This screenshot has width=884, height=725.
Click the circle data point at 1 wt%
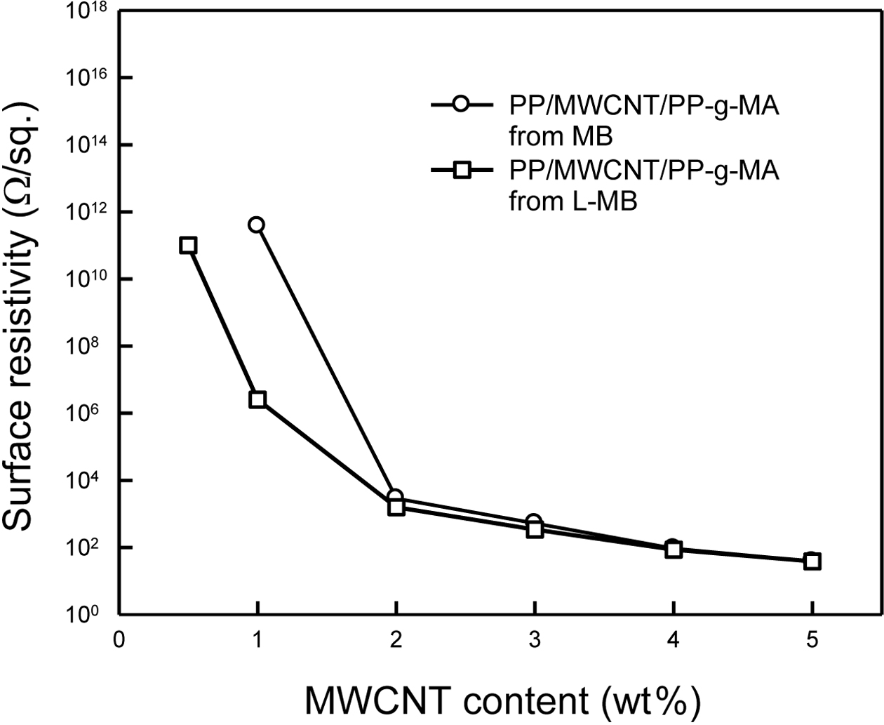(x=257, y=225)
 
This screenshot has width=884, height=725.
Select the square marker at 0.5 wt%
(x=187, y=245)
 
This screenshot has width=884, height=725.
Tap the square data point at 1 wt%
(x=257, y=399)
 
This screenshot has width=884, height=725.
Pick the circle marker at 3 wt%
(x=534, y=521)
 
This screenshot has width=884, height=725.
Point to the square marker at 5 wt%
(x=812, y=561)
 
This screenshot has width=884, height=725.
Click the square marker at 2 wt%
(x=396, y=507)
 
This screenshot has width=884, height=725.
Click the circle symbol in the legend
(x=460, y=105)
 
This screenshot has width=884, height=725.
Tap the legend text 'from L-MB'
(x=572, y=202)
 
